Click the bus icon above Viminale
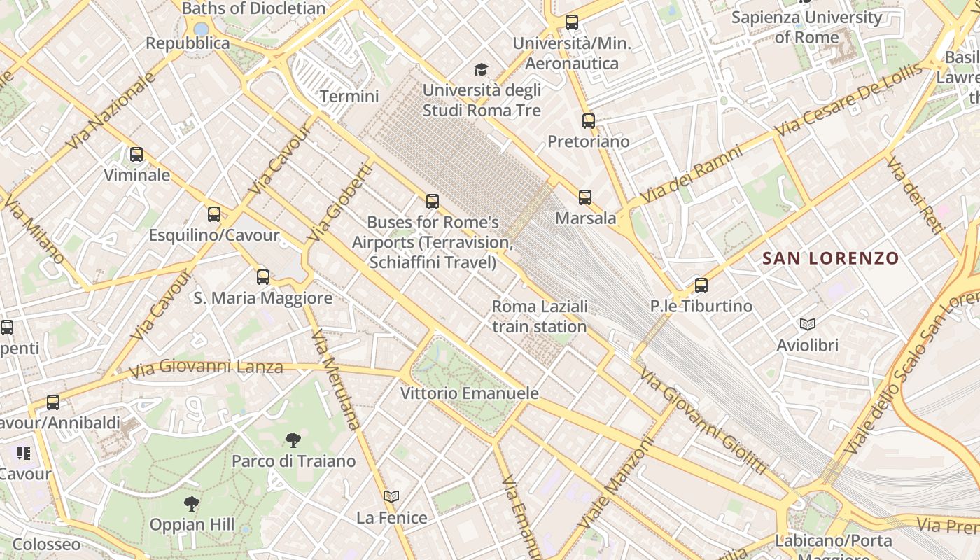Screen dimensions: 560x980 point(136,155)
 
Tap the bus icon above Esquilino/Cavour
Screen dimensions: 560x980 point(214,214)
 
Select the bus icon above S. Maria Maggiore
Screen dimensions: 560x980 point(263,277)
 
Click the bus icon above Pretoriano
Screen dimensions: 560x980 point(589,121)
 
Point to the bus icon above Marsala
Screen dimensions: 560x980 point(585,197)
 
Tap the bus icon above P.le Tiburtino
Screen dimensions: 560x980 point(701,286)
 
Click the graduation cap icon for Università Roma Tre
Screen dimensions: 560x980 point(481,69)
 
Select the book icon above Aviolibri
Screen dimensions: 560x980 point(808,325)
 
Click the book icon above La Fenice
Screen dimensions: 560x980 point(391,497)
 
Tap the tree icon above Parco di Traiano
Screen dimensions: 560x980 point(293,440)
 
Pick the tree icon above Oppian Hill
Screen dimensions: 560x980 point(192,503)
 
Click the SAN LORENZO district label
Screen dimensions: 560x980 point(830,258)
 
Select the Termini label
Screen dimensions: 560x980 point(349,97)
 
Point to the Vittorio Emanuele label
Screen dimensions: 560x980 point(470,393)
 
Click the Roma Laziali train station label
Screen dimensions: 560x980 point(540,316)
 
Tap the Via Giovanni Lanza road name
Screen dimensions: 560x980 point(206,367)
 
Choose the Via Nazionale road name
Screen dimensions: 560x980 point(111,110)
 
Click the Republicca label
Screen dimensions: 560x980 point(188,43)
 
